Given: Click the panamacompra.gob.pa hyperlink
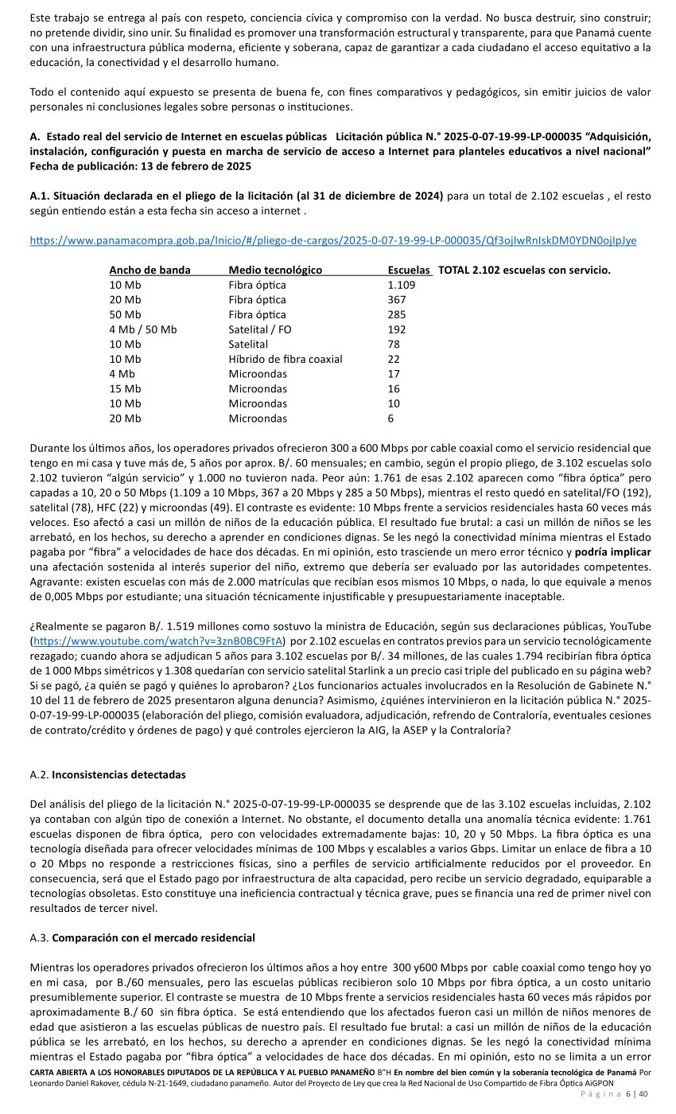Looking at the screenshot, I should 332,240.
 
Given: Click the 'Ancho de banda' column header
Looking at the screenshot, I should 150,271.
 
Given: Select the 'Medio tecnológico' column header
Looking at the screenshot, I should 275,271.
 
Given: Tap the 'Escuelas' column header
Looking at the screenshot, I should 409,271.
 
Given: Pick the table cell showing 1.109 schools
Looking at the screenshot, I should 402,285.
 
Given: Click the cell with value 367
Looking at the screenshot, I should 397,300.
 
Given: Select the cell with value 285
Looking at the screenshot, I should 397,314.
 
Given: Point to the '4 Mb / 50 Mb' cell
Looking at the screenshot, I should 143,329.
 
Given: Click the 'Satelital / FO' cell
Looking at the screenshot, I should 260,329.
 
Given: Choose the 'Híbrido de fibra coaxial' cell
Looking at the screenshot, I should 286,359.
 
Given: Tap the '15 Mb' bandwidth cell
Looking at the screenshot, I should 125,389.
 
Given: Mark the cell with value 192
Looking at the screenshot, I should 397,329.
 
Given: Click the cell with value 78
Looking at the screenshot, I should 394,345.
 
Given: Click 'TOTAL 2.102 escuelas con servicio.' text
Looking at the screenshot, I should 524,271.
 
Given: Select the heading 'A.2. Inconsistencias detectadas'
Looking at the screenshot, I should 107,773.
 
